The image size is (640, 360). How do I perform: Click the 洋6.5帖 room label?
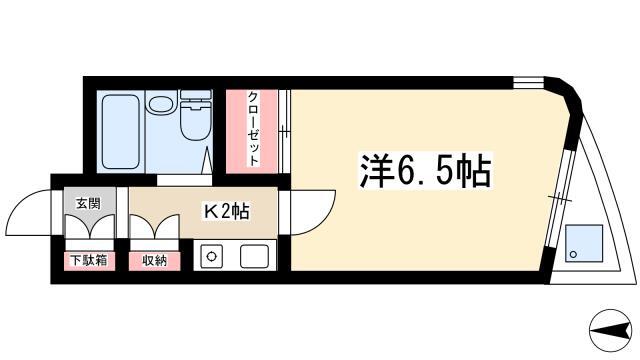(x=425, y=171)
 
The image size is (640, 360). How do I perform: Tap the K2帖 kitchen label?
(x=227, y=211)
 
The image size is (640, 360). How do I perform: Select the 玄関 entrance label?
(x=88, y=203)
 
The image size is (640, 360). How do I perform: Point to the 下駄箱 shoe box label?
(x=89, y=260)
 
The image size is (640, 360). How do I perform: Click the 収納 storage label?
(x=154, y=260)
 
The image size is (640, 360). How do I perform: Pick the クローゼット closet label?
(x=253, y=129)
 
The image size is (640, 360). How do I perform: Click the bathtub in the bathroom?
(x=120, y=131)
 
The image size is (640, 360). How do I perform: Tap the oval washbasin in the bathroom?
(x=161, y=103)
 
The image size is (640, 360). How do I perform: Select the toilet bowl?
(x=196, y=121)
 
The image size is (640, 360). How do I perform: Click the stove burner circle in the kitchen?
(x=211, y=256)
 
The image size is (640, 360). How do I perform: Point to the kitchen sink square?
(x=254, y=256)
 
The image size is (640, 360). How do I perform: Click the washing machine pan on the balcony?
(x=584, y=243)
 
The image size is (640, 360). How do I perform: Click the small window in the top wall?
(x=529, y=83)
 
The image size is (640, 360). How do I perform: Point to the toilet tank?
(x=196, y=95)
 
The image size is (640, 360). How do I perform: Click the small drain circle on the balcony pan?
(x=573, y=255)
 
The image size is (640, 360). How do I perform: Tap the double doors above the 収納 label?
(x=154, y=227)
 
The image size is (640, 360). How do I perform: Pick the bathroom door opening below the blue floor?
(x=184, y=180)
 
